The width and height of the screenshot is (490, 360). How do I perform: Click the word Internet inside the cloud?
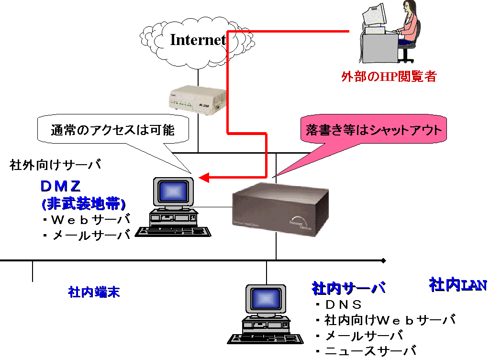tap(198, 40)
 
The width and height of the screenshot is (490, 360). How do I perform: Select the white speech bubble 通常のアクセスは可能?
tap(113, 130)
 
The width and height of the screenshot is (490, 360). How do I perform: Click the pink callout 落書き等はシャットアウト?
tap(374, 130)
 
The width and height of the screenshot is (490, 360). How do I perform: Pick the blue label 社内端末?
tap(94, 292)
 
